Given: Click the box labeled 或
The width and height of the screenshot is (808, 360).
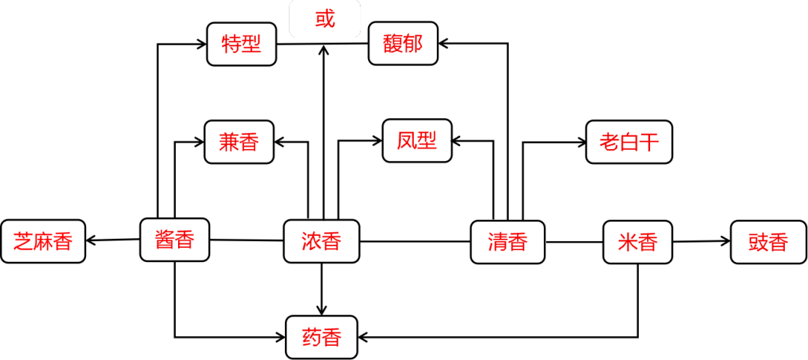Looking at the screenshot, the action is point(325,19).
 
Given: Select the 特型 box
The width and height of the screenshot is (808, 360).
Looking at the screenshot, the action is point(242,44).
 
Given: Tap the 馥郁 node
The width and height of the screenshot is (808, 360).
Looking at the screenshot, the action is point(403,43).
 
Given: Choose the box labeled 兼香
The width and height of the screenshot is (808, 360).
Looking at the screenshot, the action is point(239,141).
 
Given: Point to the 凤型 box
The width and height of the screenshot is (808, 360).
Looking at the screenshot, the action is point(417,140).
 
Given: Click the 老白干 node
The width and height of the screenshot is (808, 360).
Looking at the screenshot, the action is point(629,141).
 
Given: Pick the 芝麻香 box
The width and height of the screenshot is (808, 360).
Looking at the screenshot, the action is point(43,241).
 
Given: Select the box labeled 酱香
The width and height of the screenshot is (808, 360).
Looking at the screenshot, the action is point(174,240).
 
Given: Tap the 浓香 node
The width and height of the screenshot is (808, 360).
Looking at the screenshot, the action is point(321,241).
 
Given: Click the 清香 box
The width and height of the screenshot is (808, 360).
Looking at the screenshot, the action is point(507,242).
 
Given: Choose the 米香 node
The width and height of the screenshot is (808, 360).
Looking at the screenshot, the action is point(637,242).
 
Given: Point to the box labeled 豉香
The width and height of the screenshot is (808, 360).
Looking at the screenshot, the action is point(768,242).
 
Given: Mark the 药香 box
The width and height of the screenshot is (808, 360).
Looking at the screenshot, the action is point(321,337).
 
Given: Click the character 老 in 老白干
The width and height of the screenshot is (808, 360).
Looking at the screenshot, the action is point(609,141).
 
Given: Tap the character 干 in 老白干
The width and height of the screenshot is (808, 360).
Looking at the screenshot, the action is point(649,141).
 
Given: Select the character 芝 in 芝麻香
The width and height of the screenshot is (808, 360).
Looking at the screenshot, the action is point(23,241).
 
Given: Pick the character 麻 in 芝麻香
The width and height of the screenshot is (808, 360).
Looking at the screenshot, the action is point(43,241).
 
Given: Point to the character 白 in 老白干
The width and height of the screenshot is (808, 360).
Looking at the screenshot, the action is point(629,141).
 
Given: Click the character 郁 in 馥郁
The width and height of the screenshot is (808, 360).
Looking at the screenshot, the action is point(413,43).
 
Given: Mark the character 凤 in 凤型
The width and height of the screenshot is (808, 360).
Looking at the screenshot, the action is point(407,140).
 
